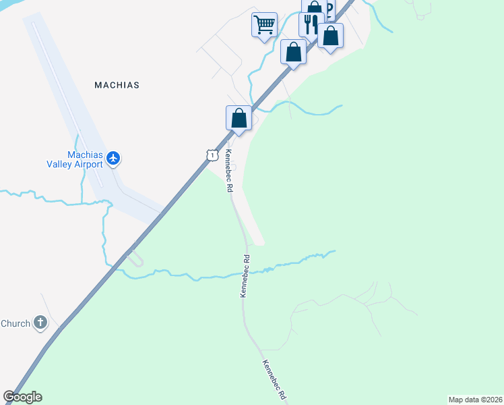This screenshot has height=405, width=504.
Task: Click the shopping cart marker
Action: (265, 25)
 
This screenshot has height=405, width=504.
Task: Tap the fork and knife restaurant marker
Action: (311, 24)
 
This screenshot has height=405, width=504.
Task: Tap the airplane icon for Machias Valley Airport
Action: (113, 159)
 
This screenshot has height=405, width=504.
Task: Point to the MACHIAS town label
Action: (117, 86)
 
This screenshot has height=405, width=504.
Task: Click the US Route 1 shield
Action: (212, 155)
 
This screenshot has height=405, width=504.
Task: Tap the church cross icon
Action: (40, 323)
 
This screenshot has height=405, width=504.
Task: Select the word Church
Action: (15, 323)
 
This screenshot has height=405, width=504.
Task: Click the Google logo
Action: (22, 397)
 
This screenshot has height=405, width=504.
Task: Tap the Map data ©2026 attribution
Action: (475, 399)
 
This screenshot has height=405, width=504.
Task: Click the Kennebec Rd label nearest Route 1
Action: (228, 171)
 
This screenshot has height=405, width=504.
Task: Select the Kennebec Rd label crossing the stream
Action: (245, 276)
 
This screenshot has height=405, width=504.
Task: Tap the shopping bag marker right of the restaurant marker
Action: (330, 36)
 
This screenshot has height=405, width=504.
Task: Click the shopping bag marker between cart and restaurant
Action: (293, 51)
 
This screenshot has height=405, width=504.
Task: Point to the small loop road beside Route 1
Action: (135, 257)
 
